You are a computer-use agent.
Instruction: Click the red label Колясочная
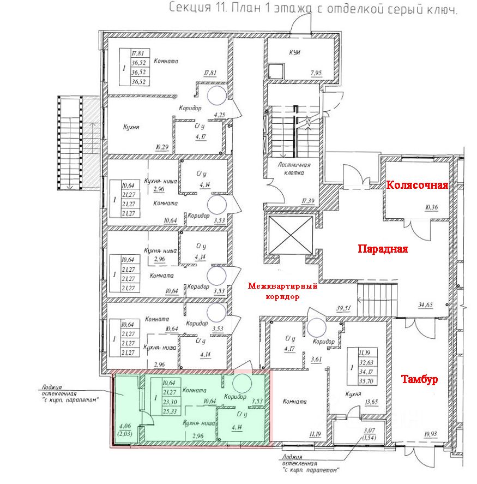pyautogui.click(x=417, y=185)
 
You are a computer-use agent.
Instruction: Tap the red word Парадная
pyautogui.click(x=383, y=249)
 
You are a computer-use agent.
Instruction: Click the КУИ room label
pyautogui.click(x=295, y=52)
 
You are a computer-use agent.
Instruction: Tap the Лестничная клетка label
pyautogui.click(x=293, y=168)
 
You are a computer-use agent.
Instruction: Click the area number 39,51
pyautogui.click(x=345, y=309)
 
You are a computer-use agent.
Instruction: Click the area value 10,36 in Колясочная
pyautogui.click(x=439, y=206)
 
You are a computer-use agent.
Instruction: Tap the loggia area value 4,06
pyautogui.click(x=125, y=427)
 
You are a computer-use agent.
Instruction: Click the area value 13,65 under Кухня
pyautogui.click(x=371, y=403)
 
